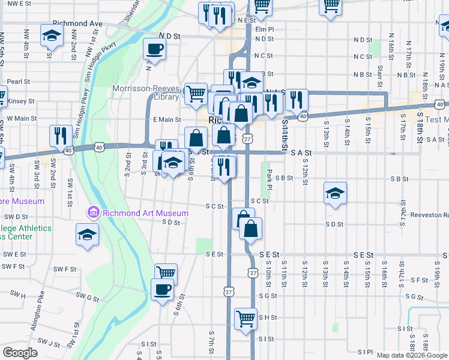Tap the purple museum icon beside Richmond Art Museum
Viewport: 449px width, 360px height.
coord(93,212)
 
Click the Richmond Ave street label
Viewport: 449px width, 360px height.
coord(77,23)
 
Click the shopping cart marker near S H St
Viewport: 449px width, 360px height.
coord(246,319)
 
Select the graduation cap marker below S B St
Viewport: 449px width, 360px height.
coord(336,193)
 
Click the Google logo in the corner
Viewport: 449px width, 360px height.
coord(20,352)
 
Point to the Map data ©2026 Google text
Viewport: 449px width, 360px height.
coord(412,355)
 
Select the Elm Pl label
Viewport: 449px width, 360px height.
coord(264,29)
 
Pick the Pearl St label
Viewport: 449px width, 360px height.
coord(19,82)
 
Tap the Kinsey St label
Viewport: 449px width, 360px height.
coord(22,101)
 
